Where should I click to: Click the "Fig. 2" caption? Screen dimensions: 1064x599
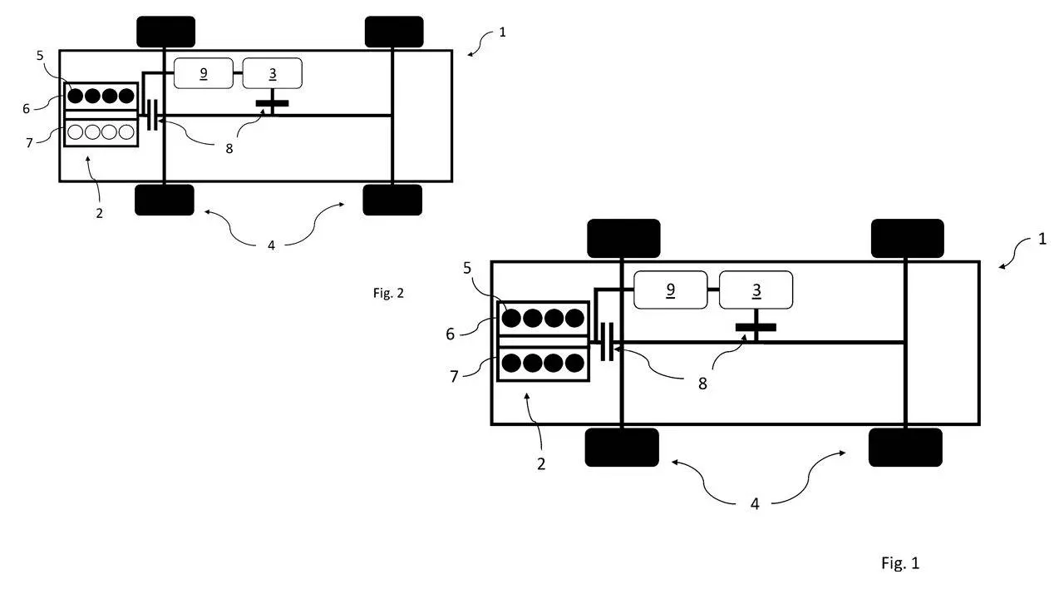(x=388, y=293)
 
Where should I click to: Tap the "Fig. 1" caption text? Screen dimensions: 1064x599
(x=900, y=563)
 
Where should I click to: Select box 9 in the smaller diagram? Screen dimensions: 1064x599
(x=204, y=73)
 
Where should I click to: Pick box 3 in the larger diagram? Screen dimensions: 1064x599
(x=756, y=290)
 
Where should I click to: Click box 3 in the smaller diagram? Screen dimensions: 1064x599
(x=272, y=73)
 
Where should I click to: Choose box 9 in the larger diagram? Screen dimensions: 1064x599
(x=670, y=290)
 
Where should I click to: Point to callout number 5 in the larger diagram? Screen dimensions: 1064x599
(x=467, y=268)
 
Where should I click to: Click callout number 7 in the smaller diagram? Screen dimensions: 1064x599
(x=29, y=142)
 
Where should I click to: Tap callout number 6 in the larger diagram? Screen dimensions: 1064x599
(x=450, y=334)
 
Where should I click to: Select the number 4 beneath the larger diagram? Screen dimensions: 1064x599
(x=755, y=504)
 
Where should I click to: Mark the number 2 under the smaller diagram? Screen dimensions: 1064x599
(x=99, y=214)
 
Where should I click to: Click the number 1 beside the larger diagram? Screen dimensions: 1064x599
(x=1042, y=239)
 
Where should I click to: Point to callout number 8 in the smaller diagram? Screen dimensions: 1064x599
(x=229, y=149)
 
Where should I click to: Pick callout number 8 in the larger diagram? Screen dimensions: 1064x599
(x=702, y=384)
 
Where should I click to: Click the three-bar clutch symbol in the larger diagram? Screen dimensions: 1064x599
(x=607, y=342)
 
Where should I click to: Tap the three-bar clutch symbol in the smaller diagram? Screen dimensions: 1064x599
(x=152, y=115)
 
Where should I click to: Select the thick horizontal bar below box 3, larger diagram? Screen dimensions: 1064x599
(x=756, y=328)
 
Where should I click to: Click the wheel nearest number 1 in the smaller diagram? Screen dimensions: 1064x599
(x=394, y=32)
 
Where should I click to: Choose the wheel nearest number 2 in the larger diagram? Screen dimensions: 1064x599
(x=622, y=448)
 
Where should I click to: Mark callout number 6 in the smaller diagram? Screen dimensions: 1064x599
(x=26, y=109)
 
